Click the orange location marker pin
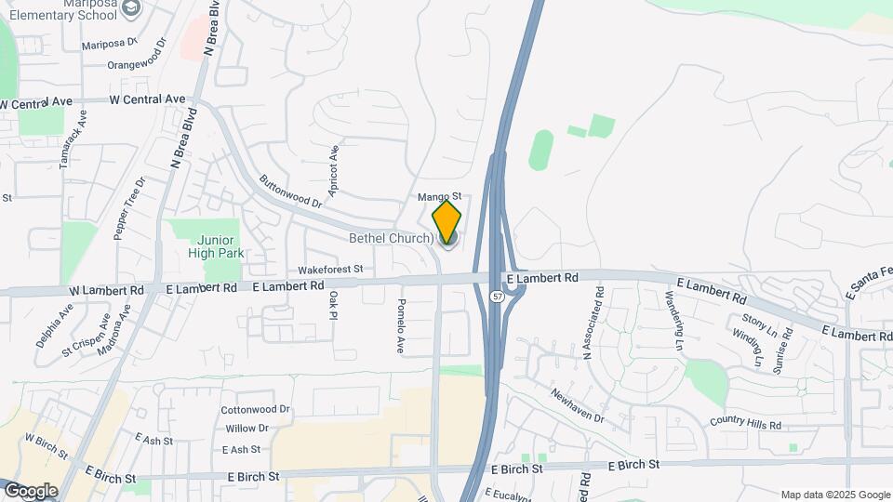[x=446, y=221]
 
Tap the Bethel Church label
[x=391, y=239]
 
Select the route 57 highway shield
[x=499, y=297]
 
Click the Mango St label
[x=439, y=197]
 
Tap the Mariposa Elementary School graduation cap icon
[x=132, y=8]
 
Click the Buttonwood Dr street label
[x=290, y=192]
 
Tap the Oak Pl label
[x=333, y=305]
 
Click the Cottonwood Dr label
[x=256, y=410]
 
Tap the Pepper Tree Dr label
[x=128, y=209]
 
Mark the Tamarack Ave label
[x=73, y=139]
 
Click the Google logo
[x=31, y=490]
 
